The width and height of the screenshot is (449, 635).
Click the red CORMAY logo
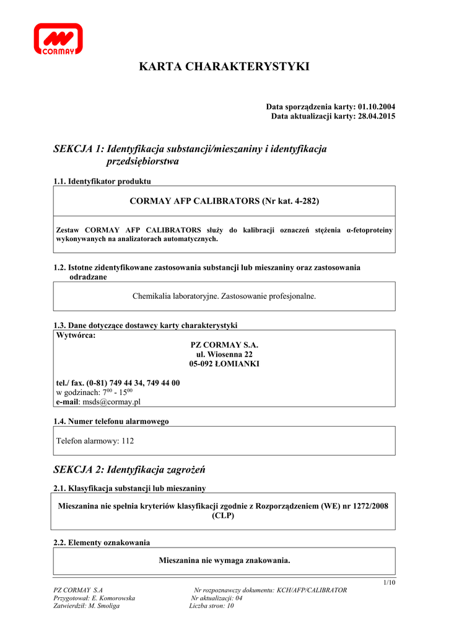(x=58, y=38)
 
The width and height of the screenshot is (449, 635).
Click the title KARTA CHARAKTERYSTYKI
(x=224, y=66)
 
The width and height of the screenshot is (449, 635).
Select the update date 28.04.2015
(x=377, y=116)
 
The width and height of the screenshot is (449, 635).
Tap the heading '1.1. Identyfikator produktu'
(x=102, y=181)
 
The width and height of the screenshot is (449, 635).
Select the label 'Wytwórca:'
(x=76, y=335)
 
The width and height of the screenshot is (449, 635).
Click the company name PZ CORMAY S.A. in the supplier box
(x=224, y=345)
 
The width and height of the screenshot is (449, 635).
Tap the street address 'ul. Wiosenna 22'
(x=224, y=354)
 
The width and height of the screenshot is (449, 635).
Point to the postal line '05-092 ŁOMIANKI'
(x=224, y=363)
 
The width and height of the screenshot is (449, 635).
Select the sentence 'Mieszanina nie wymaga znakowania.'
(x=224, y=561)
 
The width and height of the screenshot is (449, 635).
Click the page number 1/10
(x=389, y=582)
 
